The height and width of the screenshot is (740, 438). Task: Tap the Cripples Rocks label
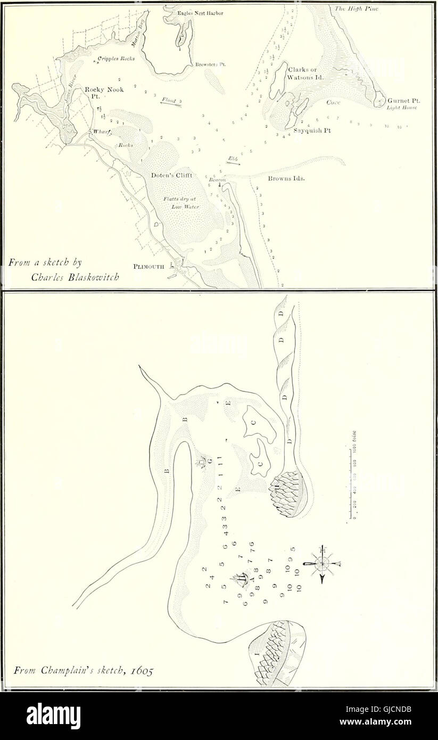tap(114, 59)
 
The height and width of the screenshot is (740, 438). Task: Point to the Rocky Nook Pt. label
tap(104, 93)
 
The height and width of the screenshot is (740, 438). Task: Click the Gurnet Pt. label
tap(402, 100)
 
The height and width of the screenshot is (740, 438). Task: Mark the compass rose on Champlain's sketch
tap(322, 564)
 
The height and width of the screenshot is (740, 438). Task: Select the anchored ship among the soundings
tap(240, 578)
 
